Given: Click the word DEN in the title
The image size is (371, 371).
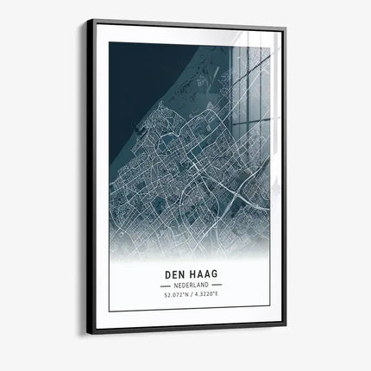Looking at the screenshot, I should pyautogui.click(x=173, y=275).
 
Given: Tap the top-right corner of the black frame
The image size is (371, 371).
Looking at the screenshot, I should pyautogui.click(x=286, y=28).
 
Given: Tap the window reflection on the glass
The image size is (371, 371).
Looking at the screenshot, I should pyautogui.click(x=250, y=86).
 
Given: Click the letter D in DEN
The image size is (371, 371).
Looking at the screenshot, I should pyautogui.click(x=166, y=275).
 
